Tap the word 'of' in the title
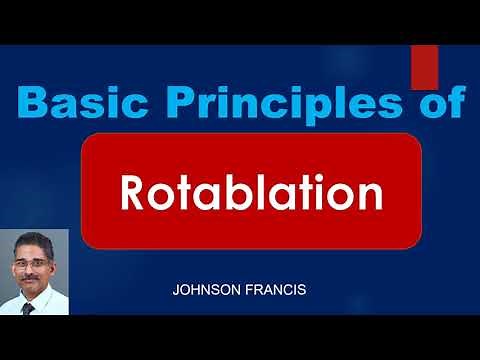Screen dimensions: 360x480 428,103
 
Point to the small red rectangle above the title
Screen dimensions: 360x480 424,67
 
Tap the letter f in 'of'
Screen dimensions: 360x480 447,102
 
